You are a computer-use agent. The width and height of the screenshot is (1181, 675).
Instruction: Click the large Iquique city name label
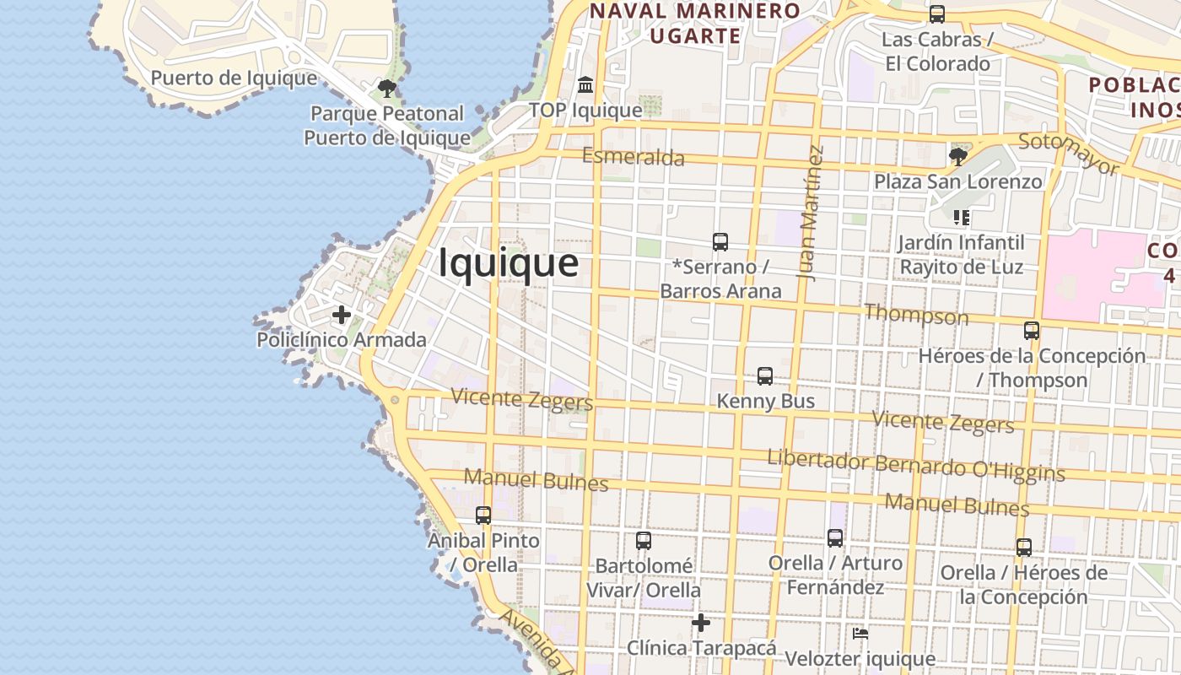tap(508, 263)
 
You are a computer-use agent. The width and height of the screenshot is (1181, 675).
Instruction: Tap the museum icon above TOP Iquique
tap(585, 85)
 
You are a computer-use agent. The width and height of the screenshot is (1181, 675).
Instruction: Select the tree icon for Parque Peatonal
tap(387, 88)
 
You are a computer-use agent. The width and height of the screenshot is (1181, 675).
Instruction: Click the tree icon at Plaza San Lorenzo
tap(957, 156)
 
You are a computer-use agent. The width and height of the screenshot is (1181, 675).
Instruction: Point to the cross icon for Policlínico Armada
tap(342, 315)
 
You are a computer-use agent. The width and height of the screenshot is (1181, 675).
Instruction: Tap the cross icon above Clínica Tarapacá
tap(700, 623)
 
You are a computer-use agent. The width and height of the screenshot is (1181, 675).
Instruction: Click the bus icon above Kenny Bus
tap(765, 375)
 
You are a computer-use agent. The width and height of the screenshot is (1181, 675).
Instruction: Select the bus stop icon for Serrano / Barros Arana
tap(720, 242)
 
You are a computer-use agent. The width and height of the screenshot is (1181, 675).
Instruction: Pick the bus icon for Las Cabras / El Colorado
tap(936, 14)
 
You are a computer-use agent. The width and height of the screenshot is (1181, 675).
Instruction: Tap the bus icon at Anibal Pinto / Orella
tap(483, 515)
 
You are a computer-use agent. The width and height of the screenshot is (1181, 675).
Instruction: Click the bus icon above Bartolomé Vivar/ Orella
tap(644, 540)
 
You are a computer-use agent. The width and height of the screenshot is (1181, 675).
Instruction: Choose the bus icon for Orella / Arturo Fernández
tap(835, 537)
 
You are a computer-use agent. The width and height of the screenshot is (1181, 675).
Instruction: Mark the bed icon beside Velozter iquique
tap(860, 633)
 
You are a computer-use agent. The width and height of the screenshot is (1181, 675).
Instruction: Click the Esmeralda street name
tap(633, 157)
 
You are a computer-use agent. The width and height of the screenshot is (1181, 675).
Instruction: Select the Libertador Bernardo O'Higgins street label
tap(915, 465)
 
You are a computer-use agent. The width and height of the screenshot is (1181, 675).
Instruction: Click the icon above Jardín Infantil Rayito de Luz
tap(961, 218)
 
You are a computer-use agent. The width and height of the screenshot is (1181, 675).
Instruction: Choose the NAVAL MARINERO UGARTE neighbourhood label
tap(695, 24)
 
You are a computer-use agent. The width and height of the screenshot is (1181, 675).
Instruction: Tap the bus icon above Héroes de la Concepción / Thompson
tap(1032, 330)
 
